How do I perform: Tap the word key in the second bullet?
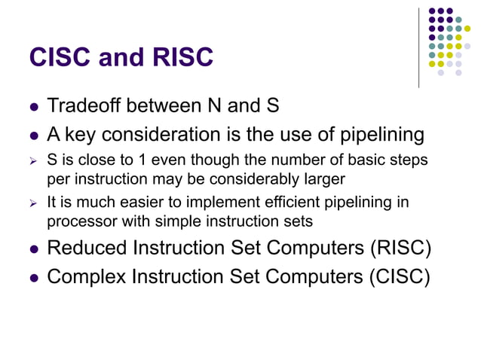(83, 134)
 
